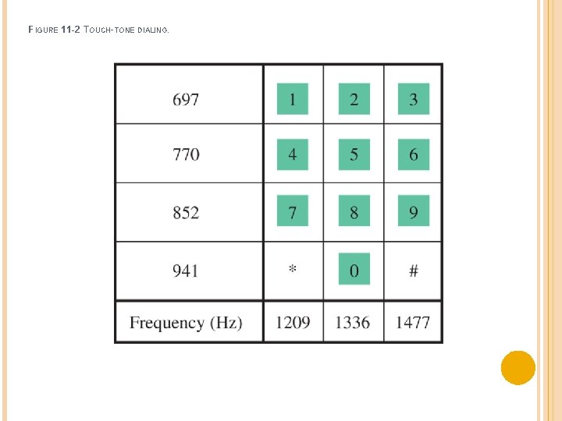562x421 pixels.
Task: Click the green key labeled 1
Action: click(293, 99)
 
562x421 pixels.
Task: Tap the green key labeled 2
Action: click(354, 99)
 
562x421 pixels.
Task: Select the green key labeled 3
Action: click(414, 99)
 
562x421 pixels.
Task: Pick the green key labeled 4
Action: click(293, 154)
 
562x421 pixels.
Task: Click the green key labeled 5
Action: click(354, 154)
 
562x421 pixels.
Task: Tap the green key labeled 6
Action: click(414, 154)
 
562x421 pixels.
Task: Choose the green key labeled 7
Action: click(293, 211)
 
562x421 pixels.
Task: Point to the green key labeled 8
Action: click(354, 211)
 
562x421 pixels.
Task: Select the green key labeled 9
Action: click(414, 211)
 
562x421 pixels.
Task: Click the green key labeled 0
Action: click(354, 270)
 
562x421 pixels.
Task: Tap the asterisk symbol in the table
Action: click(293, 270)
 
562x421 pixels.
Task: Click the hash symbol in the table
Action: click(414, 271)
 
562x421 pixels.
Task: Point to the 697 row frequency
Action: click(186, 100)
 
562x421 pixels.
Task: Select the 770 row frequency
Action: click(186, 154)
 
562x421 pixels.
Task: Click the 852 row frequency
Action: click(186, 212)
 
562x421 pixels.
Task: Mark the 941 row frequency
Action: click(186, 271)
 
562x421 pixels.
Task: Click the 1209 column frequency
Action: click(293, 322)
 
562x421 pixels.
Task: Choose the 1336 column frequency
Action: click(353, 322)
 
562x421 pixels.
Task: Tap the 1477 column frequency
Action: click(413, 322)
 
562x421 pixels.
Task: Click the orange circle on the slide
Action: click(518, 368)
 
